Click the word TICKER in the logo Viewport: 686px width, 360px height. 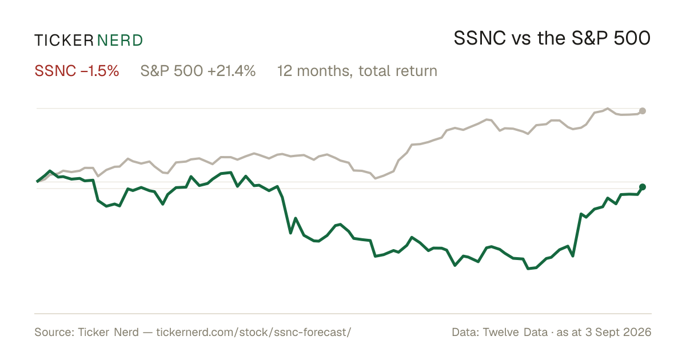coord(63,41)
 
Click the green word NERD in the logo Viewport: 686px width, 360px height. coord(119,41)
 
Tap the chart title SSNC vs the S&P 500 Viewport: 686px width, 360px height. coord(552,38)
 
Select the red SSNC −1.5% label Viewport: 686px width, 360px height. coord(77,71)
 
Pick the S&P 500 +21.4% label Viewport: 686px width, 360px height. coord(198,71)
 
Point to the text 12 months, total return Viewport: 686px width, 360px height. coord(357,71)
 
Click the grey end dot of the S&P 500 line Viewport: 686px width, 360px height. coord(643,111)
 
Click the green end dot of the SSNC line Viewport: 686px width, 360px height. coord(643,187)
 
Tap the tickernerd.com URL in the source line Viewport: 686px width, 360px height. coord(254,332)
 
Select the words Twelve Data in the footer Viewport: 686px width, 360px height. coord(515,332)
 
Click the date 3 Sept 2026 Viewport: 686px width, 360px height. coord(619,333)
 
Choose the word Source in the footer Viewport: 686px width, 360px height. coord(53,332)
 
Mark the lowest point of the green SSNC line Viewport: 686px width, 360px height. coord(528,269)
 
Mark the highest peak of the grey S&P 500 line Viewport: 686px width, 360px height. coord(608,109)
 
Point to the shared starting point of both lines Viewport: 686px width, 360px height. coord(37,182)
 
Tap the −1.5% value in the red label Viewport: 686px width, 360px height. coord(99,71)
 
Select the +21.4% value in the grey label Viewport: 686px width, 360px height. coord(231,71)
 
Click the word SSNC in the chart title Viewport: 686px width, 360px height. coord(480,38)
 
